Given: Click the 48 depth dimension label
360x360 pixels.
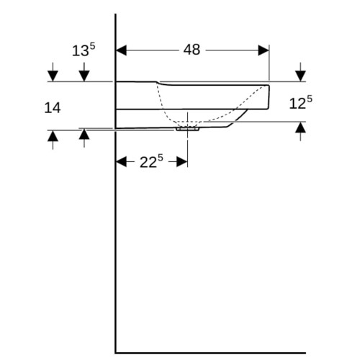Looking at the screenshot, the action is (192, 50).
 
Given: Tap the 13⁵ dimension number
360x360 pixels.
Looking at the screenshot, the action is (84, 50).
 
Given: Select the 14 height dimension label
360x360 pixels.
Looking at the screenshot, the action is (53, 108).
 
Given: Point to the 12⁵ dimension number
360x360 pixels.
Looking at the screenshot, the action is (301, 102).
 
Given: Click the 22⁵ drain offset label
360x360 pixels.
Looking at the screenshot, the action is (151, 161).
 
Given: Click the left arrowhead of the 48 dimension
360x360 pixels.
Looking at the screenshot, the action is (121, 50).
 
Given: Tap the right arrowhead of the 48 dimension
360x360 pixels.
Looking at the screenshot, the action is (264, 50).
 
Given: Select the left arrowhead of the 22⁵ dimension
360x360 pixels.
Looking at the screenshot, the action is (122, 161).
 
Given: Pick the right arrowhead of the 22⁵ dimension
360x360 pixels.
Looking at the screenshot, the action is (182, 161).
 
